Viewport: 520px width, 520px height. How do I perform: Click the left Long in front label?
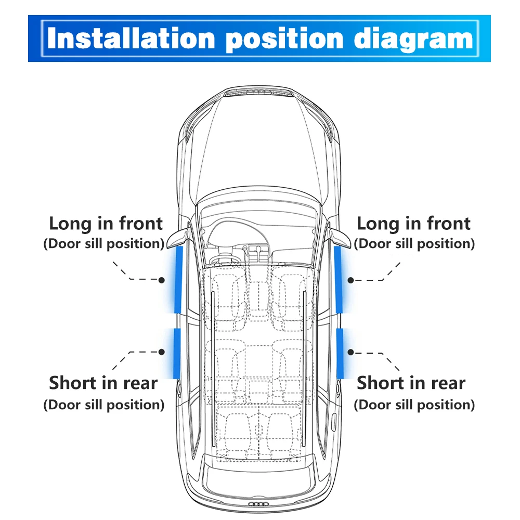point(106,224)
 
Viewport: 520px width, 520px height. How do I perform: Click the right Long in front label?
point(413,224)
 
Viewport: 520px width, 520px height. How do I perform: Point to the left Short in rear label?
point(103,383)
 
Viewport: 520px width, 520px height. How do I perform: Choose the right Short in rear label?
point(411,383)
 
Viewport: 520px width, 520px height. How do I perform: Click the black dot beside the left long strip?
point(162,280)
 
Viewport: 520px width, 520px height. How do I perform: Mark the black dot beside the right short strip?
point(351,352)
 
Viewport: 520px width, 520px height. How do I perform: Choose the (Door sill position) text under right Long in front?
point(414,243)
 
